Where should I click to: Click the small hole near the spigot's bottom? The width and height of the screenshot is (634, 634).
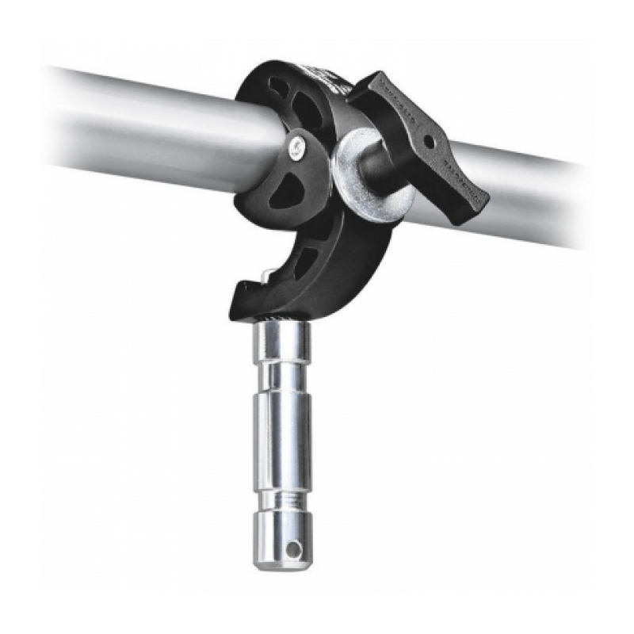(x=293, y=548)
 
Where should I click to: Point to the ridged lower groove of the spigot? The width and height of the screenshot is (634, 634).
(x=283, y=498)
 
